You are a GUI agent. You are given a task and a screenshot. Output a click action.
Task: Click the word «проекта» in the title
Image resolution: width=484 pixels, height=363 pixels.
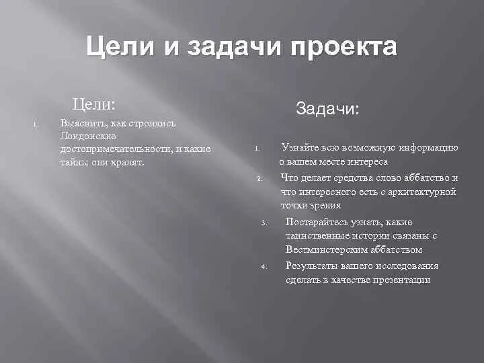[344, 48]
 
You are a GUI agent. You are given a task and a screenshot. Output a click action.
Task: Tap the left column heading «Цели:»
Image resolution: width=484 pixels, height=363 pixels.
[94, 104]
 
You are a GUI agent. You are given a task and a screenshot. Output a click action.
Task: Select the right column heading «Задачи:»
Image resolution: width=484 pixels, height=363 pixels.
[328, 109]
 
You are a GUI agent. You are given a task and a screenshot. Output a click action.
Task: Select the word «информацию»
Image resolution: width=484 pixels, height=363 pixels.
[430, 148]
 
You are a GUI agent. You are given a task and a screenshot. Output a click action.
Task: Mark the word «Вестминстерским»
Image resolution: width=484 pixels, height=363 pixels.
[328, 249]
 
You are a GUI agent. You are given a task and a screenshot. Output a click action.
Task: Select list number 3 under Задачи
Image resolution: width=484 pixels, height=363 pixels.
[265, 223]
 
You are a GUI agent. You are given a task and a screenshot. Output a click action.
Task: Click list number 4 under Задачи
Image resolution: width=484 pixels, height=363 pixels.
[265, 267]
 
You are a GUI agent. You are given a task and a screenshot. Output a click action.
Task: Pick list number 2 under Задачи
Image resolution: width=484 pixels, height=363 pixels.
[259, 179]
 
